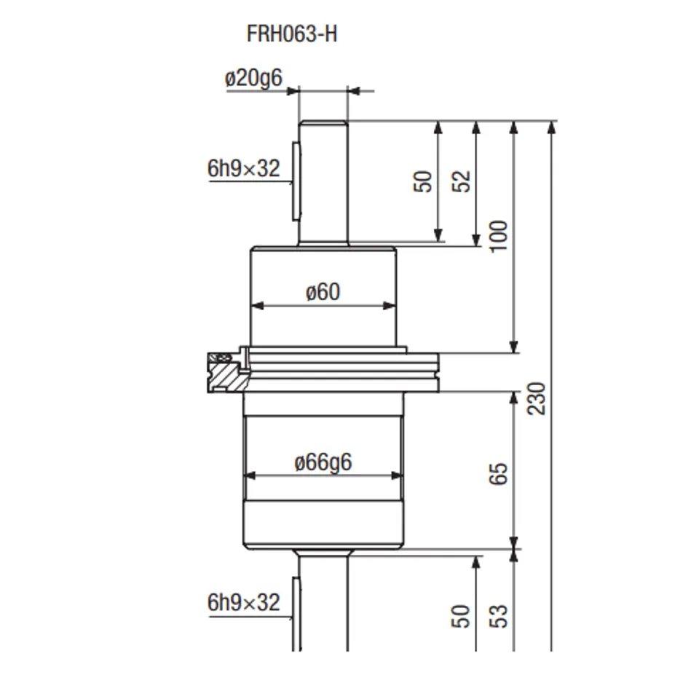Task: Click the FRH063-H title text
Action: point(292,34)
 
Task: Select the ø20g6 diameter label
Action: point(253,79)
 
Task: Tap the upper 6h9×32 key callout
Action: point(243,168)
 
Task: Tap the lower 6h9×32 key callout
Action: point(243,603)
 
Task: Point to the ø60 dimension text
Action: point(323,292)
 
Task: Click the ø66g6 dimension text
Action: point(323,462)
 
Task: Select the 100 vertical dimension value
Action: point(498,236)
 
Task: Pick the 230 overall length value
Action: point(536,398)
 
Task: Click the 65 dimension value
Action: point(498,473)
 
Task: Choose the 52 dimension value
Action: point(461,181)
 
